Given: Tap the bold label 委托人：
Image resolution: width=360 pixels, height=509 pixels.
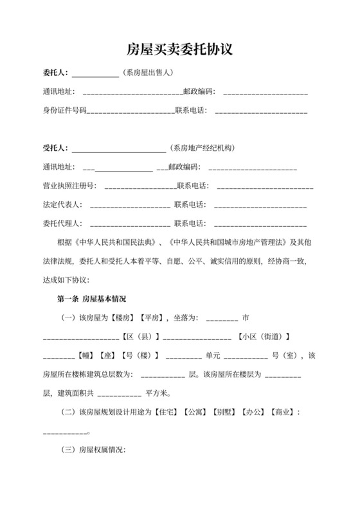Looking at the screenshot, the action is (56, 73).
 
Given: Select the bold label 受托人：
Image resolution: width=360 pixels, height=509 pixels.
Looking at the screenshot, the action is (56, 148).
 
